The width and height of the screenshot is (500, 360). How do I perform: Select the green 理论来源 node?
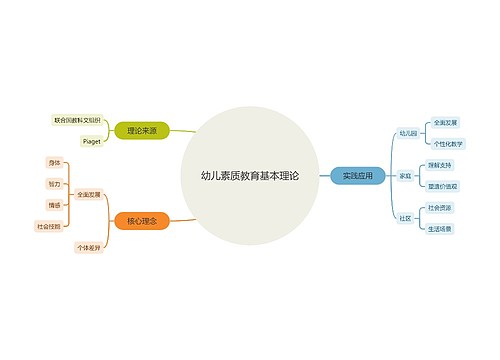point(141,129)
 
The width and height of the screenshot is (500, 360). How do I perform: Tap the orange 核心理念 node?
point(141,219)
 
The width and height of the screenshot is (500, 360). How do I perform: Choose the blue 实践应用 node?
point(357,174)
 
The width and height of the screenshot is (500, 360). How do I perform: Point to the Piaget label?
point(89,140)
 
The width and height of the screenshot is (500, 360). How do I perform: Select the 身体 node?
point(54,162)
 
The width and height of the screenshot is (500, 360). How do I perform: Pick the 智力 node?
point(54,184)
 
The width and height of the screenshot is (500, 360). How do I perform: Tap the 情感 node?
point(54,205)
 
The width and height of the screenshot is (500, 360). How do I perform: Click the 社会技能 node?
point(49,227)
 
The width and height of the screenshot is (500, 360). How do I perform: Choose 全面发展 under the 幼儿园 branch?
point(444,122)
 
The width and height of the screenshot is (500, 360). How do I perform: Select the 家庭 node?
point(405,174)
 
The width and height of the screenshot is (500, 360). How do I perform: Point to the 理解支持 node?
point(440,164)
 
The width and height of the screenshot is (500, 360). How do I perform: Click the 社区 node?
point(405,217)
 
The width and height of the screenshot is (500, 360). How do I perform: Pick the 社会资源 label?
point(440,207)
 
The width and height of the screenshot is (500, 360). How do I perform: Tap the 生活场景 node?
point(440,228)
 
